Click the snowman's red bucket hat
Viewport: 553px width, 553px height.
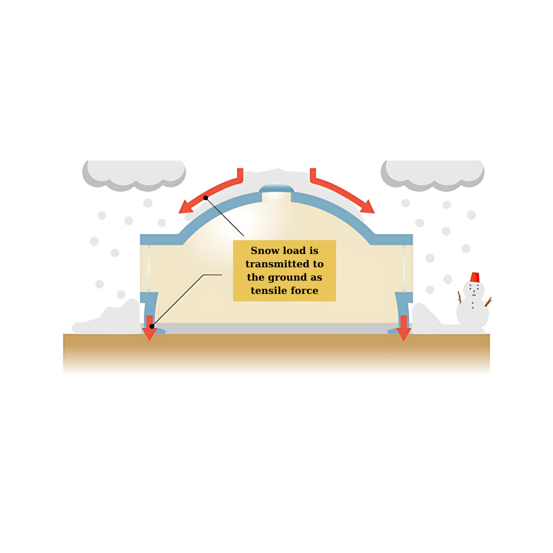click(475, 277)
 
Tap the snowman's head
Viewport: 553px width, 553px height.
click(474, 290)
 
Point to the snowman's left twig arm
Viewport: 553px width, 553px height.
click(459, 297)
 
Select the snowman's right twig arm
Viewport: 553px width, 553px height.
click(488, 302)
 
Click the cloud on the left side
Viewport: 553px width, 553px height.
click(134, 175)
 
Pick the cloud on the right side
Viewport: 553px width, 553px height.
click(432, 175)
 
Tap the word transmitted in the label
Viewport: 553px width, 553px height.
click(278, 264)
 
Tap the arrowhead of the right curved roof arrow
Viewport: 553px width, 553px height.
click(368, 208)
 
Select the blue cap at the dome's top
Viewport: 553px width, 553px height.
click(276, 188)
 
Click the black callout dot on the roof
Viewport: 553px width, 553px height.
click(206, 198)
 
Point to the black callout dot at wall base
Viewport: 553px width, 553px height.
click(152, 327)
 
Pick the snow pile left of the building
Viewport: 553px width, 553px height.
click(108, 318)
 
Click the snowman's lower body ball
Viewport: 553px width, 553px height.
click(473, 313)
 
